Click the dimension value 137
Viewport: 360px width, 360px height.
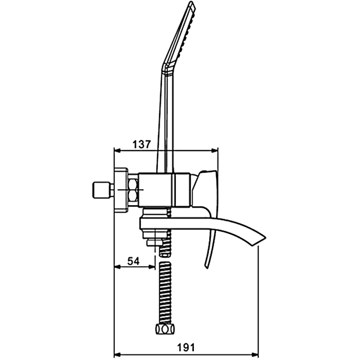point(142,144)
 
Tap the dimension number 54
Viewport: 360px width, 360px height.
point(133,261)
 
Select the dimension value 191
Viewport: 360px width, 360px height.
point(186,347)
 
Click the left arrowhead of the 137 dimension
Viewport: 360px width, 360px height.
point(117,150)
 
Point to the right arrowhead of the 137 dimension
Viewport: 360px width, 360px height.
point(215,150)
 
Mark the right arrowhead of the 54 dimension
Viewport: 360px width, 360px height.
point(152,266)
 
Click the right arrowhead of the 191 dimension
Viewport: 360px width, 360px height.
point(255,355)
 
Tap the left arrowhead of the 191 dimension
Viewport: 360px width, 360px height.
point(117,355)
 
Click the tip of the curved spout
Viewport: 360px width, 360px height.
point(265,237)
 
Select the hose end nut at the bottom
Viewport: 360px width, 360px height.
point(165,329)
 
